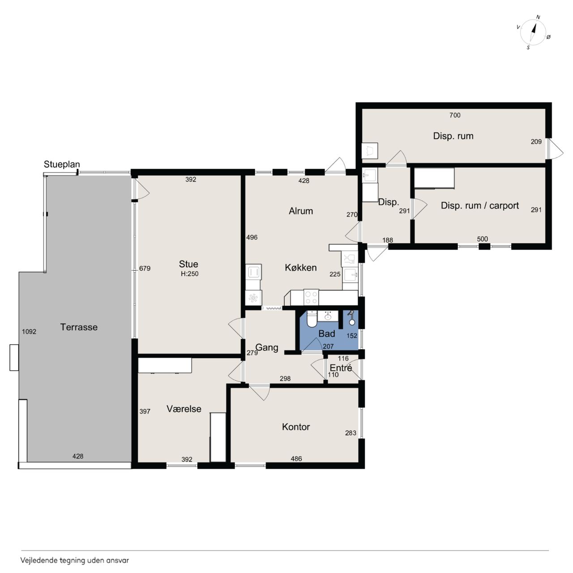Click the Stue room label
188,264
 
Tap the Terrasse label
79,327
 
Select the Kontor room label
296,427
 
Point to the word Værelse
184,409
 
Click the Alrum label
301,211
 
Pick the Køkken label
301,268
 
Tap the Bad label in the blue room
326,334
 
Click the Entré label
341,368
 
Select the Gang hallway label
267,348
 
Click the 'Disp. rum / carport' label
479,205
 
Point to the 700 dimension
455,115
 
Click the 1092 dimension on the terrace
29,332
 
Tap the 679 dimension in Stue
145,268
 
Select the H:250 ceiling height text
189,274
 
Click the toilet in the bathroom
312,319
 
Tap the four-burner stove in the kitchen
311,298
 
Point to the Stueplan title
62,164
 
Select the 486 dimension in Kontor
296,458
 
